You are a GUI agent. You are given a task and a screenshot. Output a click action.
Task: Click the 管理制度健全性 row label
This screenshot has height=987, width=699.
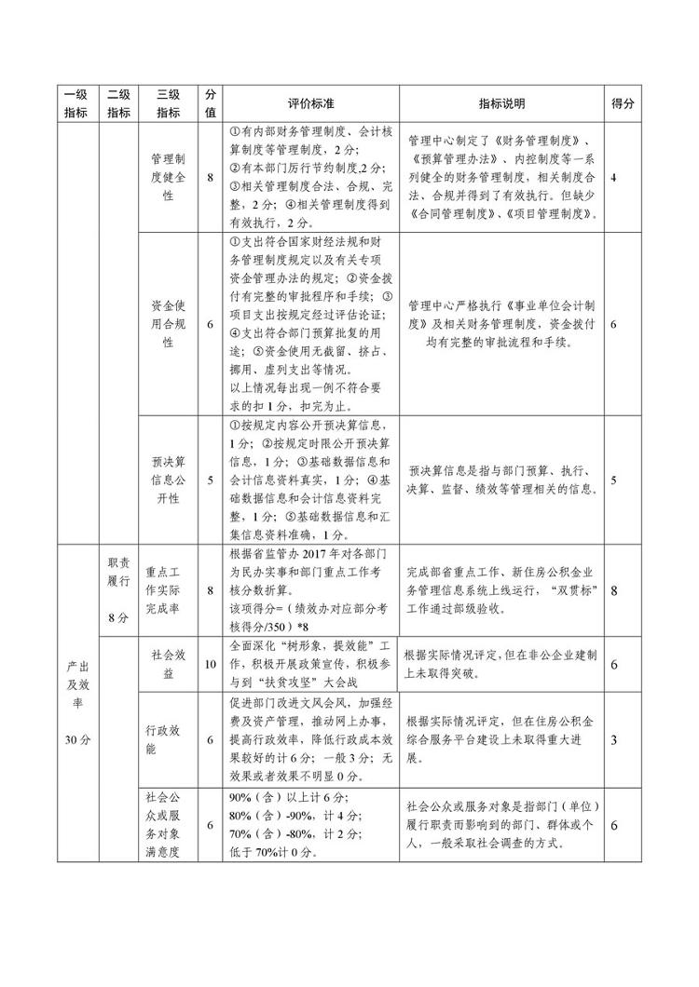168,178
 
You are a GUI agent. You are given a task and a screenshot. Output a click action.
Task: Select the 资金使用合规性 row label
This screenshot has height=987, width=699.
168,323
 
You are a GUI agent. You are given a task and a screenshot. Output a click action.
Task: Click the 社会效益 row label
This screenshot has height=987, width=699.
168,664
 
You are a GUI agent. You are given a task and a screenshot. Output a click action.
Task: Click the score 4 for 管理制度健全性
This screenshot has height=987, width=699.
615,178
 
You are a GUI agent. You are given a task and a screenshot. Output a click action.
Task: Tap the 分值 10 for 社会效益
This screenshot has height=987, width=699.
211,664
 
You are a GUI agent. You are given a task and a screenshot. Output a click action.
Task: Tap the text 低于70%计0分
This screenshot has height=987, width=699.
273,852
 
